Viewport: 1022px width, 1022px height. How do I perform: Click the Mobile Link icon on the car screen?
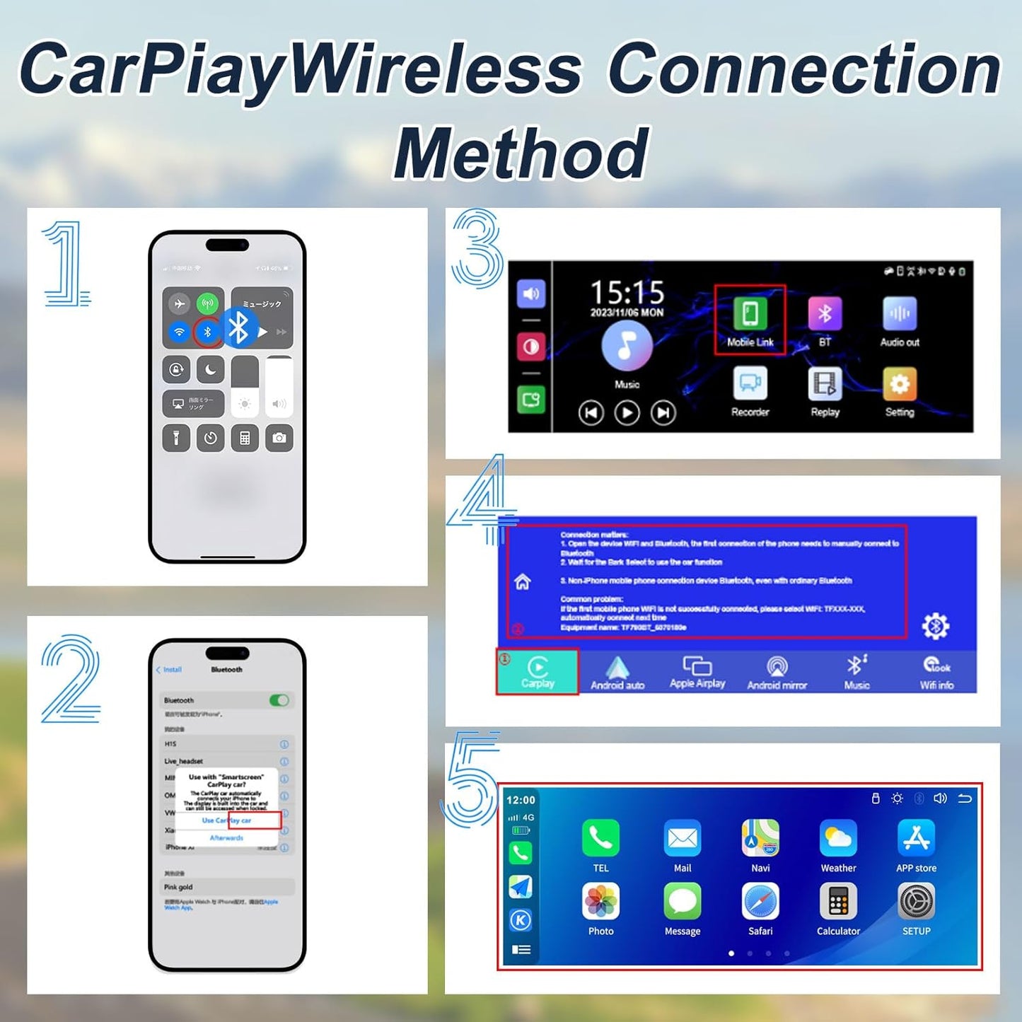click(x=750, y=314)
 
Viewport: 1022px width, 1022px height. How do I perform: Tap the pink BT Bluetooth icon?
click(x=825, y=314)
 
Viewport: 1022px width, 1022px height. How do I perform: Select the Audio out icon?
click(x=900, y=314)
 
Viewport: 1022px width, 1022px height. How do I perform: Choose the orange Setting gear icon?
click(x=900, y=384)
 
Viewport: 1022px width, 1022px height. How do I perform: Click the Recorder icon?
click(x=750, y=384)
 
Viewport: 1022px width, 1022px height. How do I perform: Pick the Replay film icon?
click(x=825, y=384)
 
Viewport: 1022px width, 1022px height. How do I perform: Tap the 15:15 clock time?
click(x=627, y=292)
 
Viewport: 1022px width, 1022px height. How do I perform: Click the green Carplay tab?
click(x=538, y=671)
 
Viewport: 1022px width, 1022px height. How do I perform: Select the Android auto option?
click(x=617, y=672)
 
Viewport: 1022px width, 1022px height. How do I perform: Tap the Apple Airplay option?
click(x=697, y=672)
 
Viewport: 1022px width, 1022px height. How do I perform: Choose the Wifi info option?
click(x=936, y=672)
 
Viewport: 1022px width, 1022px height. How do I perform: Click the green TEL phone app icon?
click(x=600, y=838)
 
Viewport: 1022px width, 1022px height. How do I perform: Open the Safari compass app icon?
click(x=760, y=902)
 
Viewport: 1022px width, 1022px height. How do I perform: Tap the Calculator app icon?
click(x=838, y=902)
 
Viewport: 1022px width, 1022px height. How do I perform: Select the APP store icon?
click(x=916, y=838)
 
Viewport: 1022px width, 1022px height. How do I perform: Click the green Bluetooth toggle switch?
click(x=279, y=700)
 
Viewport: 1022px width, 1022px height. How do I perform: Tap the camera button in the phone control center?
click(x=279, y=439)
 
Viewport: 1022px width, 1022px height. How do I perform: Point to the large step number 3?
click(x=477, y=248)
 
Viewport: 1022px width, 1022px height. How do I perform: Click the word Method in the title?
click(x=521, y=153)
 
